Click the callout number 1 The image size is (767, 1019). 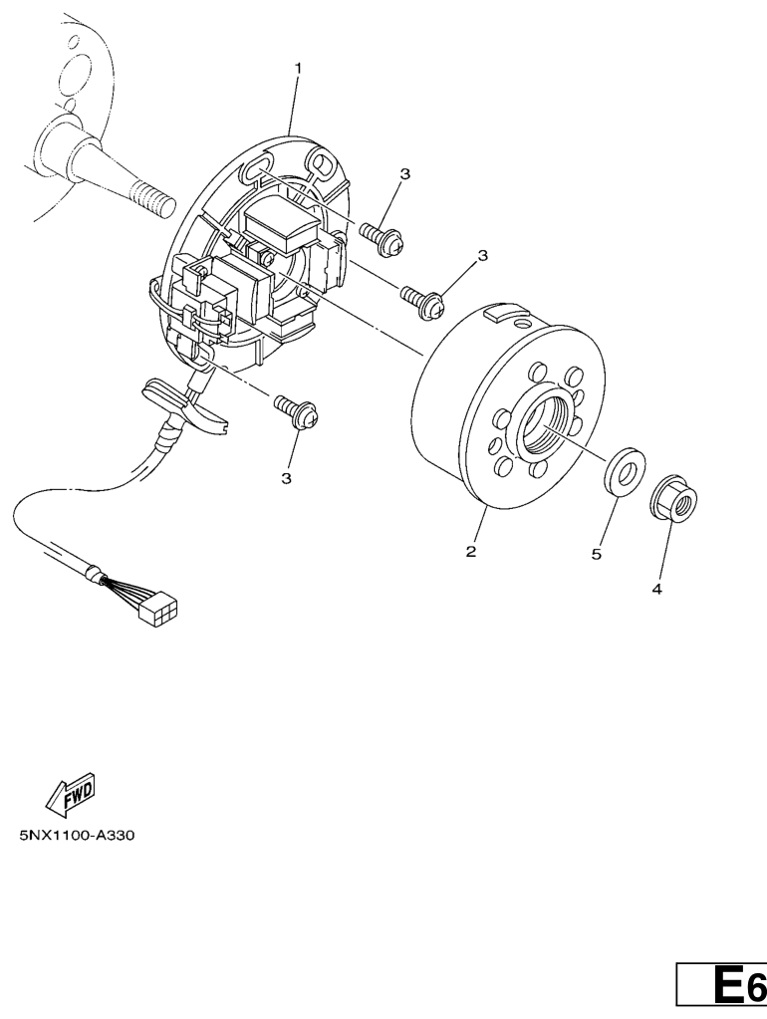point(299,68)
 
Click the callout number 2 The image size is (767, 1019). point(471,552)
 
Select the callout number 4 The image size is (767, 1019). point(656,589)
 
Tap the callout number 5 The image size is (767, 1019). point(596,554)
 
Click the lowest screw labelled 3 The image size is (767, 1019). point(297,412)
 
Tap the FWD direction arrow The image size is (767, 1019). point(70,795)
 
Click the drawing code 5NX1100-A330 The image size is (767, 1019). point(77,835)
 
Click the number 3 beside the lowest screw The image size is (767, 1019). point(286,479)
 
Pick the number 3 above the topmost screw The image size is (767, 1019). point(405,174)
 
